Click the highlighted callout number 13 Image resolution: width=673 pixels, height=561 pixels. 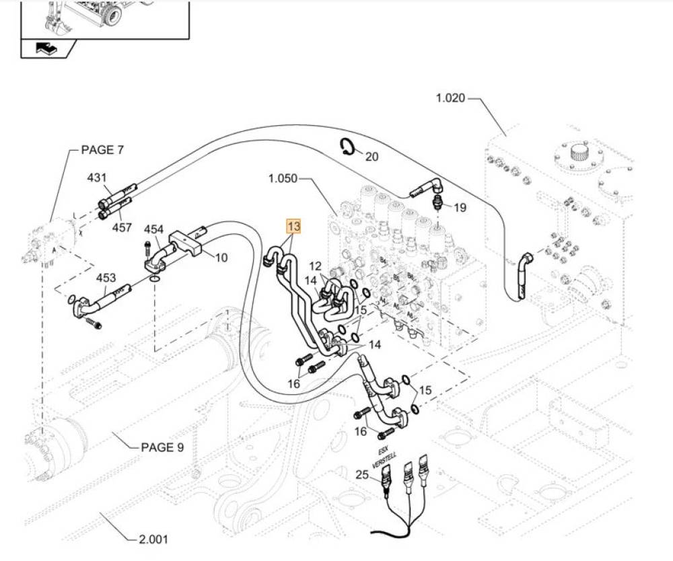pos(293,226)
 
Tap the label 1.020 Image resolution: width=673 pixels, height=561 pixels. pos(450,98)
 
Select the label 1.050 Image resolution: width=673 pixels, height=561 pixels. pos(282,179)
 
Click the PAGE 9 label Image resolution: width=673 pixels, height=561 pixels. pos(162,447)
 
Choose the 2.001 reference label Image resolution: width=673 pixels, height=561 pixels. pos(153,538)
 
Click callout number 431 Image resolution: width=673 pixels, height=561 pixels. pos(97,178)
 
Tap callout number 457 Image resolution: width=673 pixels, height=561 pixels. pos(122,227)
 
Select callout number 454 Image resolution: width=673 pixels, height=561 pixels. pos(153,229)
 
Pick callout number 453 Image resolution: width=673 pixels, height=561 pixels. pos(106,277)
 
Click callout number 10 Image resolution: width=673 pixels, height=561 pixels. pos(221,257)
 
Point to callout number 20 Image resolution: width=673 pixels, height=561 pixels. pos(371,156)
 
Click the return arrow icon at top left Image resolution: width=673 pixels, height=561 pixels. pos(46,48)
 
